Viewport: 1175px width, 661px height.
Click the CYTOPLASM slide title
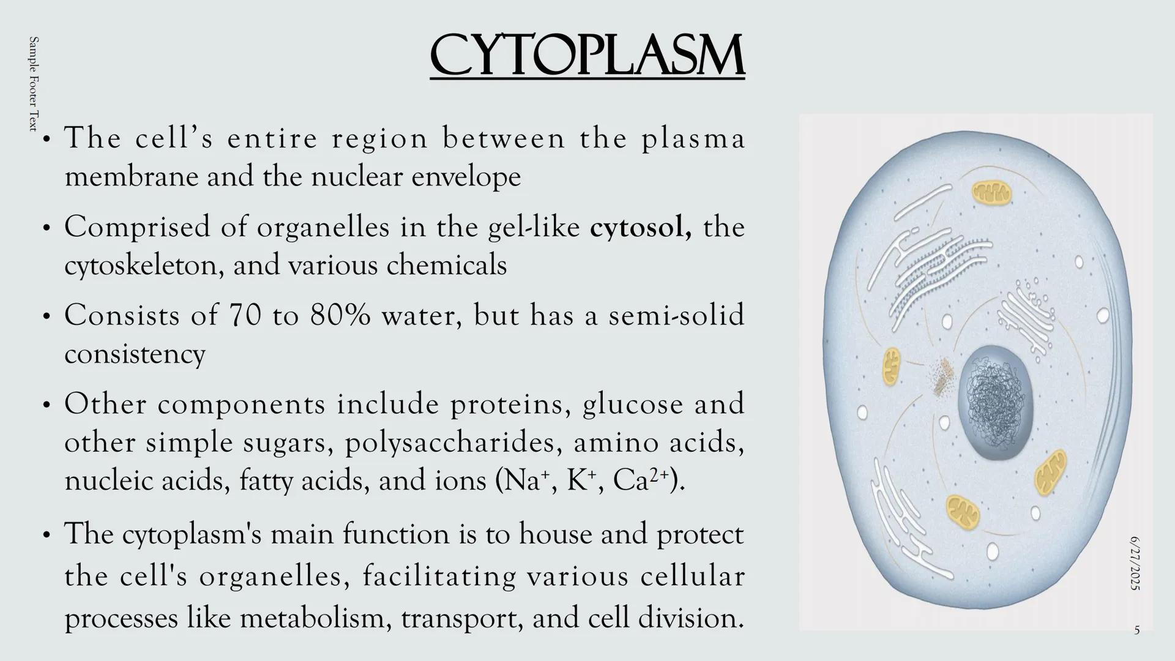(587, 56)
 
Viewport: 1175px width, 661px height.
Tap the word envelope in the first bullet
(466, 177)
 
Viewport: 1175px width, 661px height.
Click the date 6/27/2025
(1135, 563)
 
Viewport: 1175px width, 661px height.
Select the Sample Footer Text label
(34, 83)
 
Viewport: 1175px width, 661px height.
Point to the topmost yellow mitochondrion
(991, 194)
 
